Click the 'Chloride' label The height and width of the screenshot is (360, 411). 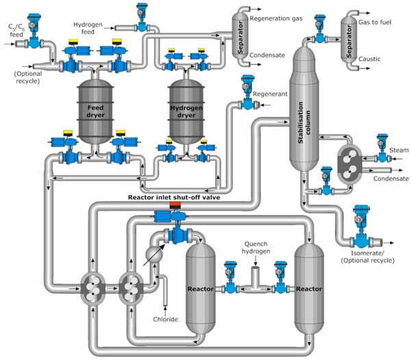click(166, 319)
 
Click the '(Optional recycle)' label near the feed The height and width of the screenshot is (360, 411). click(27, 77)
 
